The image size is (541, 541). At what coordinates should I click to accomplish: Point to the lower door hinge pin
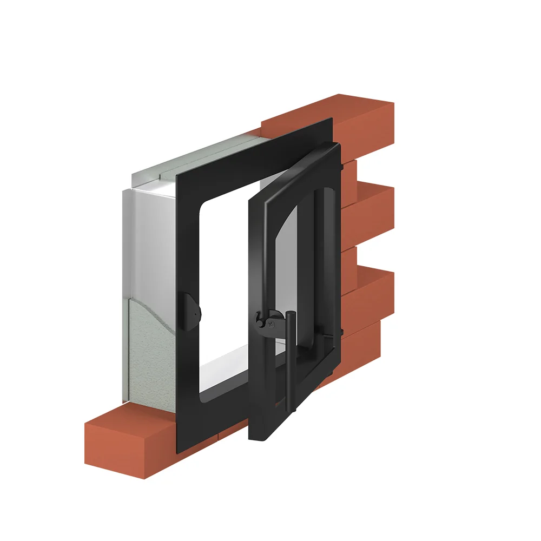[x=341, y=332]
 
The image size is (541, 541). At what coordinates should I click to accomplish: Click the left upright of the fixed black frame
[x=187, y=270]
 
